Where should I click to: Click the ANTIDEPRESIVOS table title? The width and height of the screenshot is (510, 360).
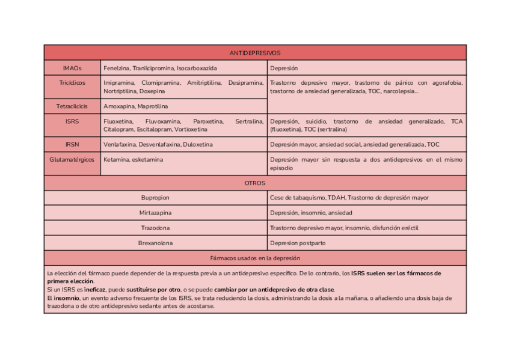pyautogui.click(x=254, y=53)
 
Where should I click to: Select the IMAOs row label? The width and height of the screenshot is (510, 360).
pyautogui.click(x=72, y=69)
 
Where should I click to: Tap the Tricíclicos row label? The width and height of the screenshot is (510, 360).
pyautogui.click(x=72, y=83)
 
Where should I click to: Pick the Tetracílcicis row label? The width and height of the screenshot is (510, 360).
pyautogui.click(x=72, y=106)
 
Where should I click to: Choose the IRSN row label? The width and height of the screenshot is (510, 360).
pyautogui.click(x=72, y=145)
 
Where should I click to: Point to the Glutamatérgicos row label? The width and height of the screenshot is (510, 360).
pyautogui.click(x=72, y=160)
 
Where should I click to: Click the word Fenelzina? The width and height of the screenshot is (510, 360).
pyautogui.click(x=116, y=69)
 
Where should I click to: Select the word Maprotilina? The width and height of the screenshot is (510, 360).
pyautogui.click(x=153, y=106)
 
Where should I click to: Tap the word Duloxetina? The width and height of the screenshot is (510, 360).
pyautogui.click(x=198, y=145)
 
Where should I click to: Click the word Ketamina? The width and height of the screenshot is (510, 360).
pyautogui.click(x=116, y=160)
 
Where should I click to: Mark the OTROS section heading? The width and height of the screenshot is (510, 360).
pyautogui.click(x=254, y=183)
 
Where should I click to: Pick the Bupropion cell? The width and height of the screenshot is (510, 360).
pyautogui.click(x=155, y=198)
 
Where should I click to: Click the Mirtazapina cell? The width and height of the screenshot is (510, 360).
pyautogui.click(x=155, y=213)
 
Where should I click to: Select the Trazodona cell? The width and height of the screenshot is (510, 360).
pyautogui.click(x=155, y=228)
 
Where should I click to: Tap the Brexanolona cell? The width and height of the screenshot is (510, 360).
pyautogui.click(x=155, y=243)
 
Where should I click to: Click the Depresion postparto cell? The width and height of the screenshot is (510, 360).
pyautogui.click(x=298, y=243)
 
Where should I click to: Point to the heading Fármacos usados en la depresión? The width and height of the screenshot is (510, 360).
pyautogui.click(x=254, y=258)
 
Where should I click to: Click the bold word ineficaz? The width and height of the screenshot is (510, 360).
pyautogui.click(x=95, y=289)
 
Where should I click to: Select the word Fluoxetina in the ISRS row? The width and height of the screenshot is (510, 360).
pyautogui.click(x=118, y=121)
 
